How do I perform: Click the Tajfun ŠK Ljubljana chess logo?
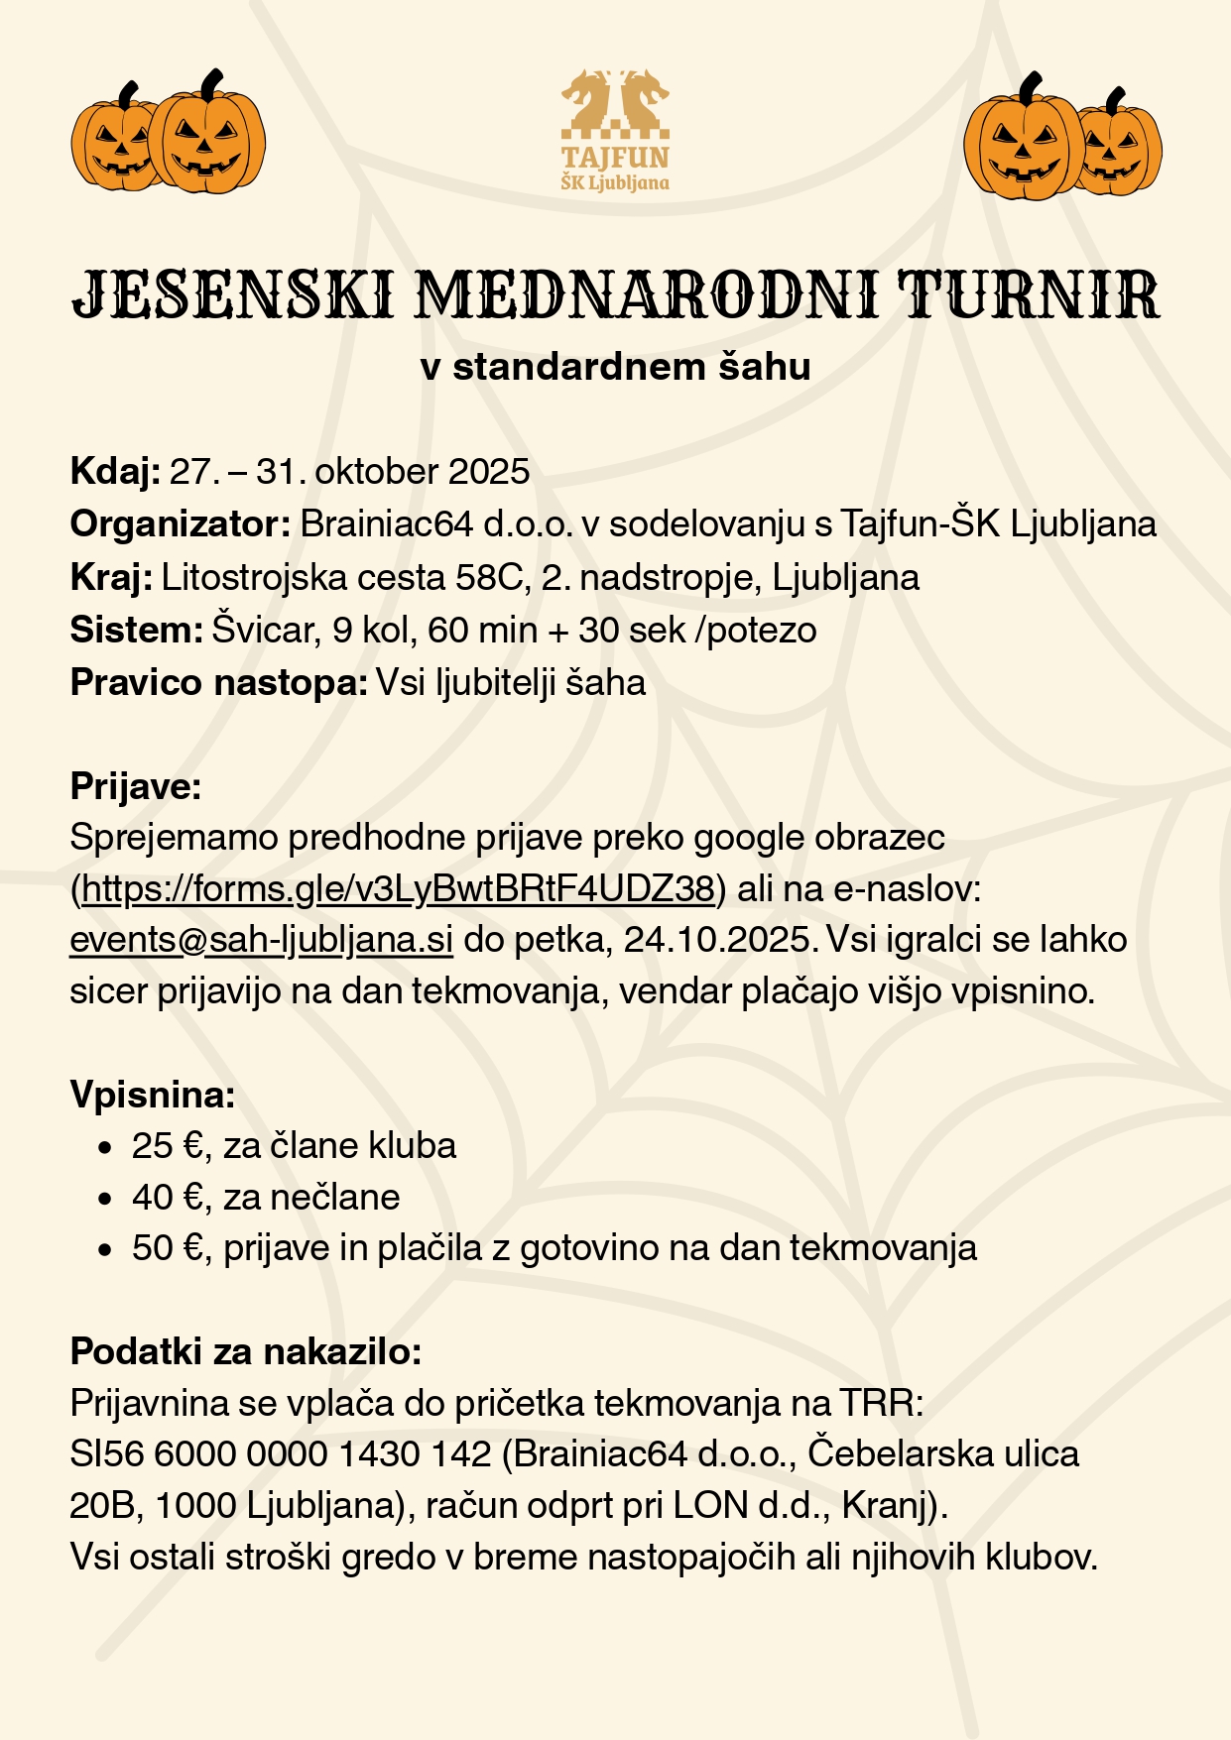click(x=615, y=130)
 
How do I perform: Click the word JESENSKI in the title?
click(x=232, y=294)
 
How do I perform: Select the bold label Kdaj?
click(x=115, y=471)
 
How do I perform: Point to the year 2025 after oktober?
click(x=489, y=471)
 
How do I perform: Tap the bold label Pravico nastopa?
click(x=219, y=682)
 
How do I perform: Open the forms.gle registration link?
click(x=398, y=889)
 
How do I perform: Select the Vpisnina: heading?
click(x=153, y=1095)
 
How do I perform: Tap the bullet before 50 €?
click(x=104, y=1249)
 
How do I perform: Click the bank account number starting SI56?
click(x=281, y=1454)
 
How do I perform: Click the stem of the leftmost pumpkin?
click(x=127, y=94)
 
